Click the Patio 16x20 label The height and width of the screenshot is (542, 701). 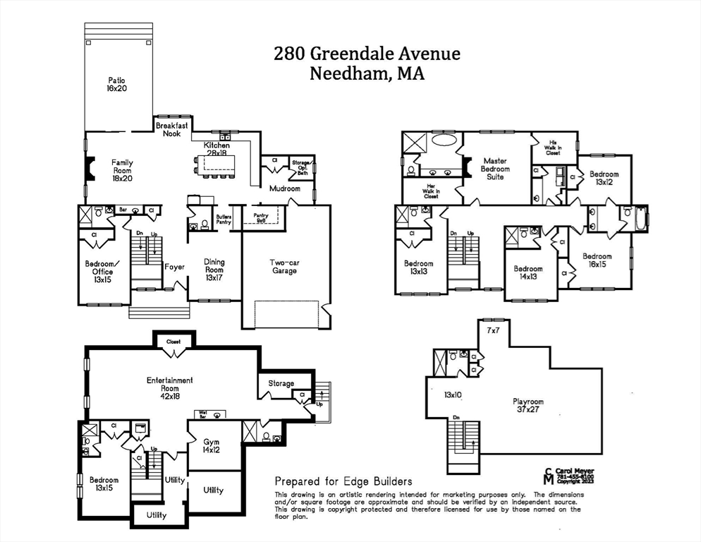(x=117, y=85)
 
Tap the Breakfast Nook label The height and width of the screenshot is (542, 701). (x=169, y=129)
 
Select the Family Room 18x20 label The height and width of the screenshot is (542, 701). (x=122, y=171)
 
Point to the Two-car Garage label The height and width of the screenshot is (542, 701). (x=284, y=266)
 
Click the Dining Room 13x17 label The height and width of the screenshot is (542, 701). (x=214, y=270)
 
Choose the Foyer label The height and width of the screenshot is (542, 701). (x=174, y=267)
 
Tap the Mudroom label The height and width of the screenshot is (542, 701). (x=284, y=188)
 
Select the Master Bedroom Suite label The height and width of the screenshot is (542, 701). (x=495, y=169)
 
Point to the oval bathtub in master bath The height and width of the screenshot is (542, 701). (x=444, y=140)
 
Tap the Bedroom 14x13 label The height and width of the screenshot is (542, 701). (x=528, y=273)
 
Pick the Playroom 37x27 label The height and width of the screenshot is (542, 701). (x=528, y=406)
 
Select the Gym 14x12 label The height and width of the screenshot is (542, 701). (x=211, y=446)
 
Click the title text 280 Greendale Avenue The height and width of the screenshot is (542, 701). (x=367, y=54)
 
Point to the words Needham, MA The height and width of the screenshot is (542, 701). (x=367, y=73)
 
